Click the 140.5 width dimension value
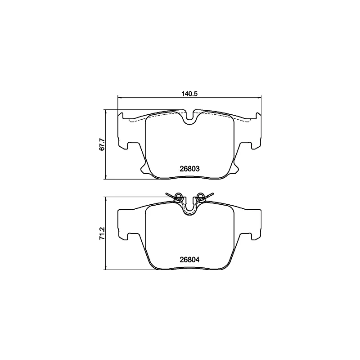189,94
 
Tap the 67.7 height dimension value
102,144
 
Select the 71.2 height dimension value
102,234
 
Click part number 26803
189,169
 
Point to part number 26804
189,260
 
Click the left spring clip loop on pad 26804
178,196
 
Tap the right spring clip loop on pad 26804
201,196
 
